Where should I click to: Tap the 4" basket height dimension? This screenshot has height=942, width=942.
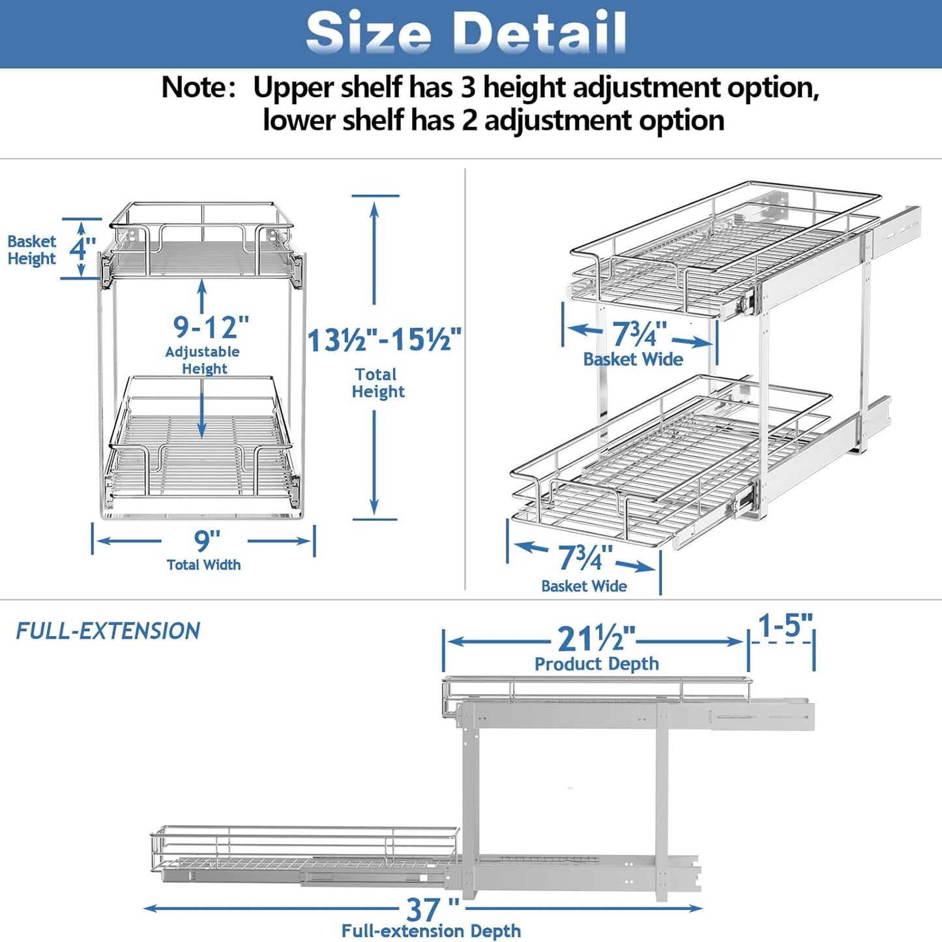point(82,248)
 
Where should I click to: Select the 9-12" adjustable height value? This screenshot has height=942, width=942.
point(211,327)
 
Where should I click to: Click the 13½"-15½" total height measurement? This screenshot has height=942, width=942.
point(385,340)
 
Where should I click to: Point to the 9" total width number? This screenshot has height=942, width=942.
point(207,540)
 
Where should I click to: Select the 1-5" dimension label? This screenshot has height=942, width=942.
point(785,626)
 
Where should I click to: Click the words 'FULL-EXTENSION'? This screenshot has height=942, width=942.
point(108,631)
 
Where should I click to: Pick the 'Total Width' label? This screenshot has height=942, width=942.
point(203,565)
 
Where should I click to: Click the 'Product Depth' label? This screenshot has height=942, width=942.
point(596,664)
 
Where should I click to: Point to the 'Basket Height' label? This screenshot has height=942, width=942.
point(31,250)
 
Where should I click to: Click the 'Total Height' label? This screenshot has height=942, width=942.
point(377,383)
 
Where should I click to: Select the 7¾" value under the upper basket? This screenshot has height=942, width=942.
point(639,334)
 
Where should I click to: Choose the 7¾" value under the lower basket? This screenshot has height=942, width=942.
point(585,558)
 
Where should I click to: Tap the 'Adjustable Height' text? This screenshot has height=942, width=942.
point(203,360)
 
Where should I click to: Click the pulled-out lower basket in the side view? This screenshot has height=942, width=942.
point(300,851)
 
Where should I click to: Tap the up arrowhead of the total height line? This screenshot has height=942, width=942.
point(374,208)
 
